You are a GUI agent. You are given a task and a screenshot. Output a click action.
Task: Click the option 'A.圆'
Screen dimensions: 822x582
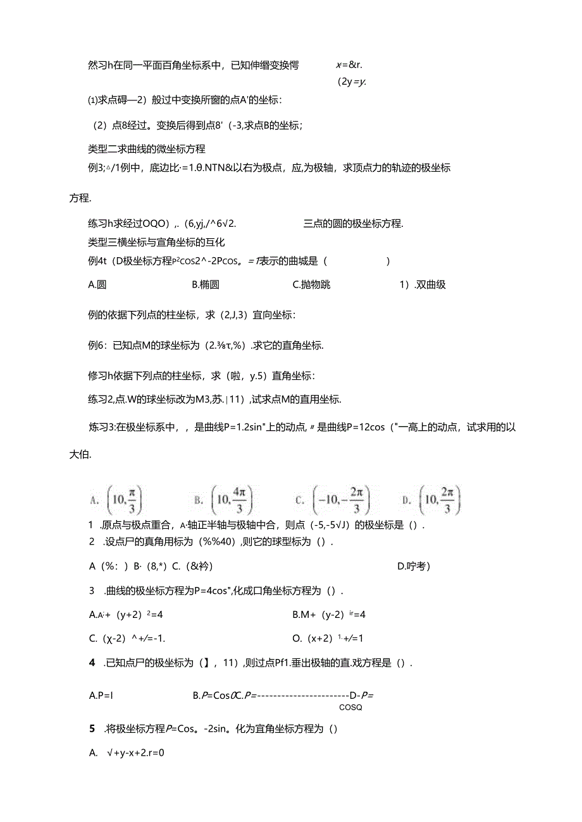[x=97, y=284]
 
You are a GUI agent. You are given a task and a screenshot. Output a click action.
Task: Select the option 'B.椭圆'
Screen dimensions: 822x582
[x=206, y=284]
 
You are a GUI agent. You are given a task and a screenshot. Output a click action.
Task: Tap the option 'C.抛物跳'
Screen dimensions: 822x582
[x=312, y=284]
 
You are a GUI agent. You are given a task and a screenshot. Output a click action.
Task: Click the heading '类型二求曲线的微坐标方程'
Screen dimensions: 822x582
[x=147, y=149]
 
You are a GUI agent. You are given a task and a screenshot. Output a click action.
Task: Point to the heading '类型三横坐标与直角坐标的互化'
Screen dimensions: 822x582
[x=156, y=242]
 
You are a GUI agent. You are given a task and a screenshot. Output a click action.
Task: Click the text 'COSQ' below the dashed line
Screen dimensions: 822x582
[x=351, y=708]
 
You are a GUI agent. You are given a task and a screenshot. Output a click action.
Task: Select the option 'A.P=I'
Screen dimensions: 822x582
[x=101, y=696]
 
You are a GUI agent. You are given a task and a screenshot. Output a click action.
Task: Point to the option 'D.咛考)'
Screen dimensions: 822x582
[x=414, y=566]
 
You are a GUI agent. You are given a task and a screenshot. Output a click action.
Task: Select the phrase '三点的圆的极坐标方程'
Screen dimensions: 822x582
[x=353, y=223]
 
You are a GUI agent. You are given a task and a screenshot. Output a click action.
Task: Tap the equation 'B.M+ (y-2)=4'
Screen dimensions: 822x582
[x=330, y=613]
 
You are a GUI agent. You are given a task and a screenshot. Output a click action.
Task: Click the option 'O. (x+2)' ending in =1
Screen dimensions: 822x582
[x=328, y=638]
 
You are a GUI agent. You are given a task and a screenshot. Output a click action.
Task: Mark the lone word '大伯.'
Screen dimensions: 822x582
[x=80, y=455]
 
